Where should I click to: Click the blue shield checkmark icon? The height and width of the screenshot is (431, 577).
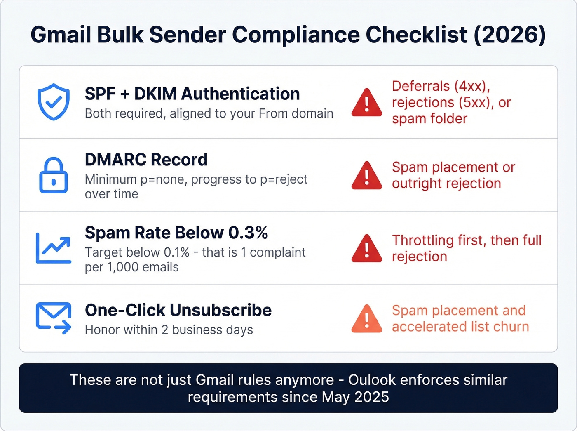(x=54, y=102)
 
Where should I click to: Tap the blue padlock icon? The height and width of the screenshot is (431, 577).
(x=54, y=175)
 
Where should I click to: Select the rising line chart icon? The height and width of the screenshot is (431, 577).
(x=54, y=248)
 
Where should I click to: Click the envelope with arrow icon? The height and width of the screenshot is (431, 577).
(x=54, y=318)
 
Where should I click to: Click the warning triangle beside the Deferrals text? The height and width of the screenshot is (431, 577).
(x=367, y=103)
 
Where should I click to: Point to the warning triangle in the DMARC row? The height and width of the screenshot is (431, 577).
(x=367, y=176)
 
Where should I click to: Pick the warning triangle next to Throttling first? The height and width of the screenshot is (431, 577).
(x=367, y=249)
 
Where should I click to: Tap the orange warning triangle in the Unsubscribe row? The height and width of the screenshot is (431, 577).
(x=367, y=319)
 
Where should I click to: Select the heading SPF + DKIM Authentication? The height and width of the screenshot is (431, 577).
(x=192, y=94)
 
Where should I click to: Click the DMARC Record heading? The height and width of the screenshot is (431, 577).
(x=146, y=160)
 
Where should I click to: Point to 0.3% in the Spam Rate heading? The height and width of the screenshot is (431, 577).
(x=248, y=233)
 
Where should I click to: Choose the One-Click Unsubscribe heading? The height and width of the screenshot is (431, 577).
(x=178, y=310)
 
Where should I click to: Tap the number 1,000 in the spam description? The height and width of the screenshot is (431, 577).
(x=122, y=267)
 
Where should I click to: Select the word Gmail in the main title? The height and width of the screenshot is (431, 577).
(x=61, y=35)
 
